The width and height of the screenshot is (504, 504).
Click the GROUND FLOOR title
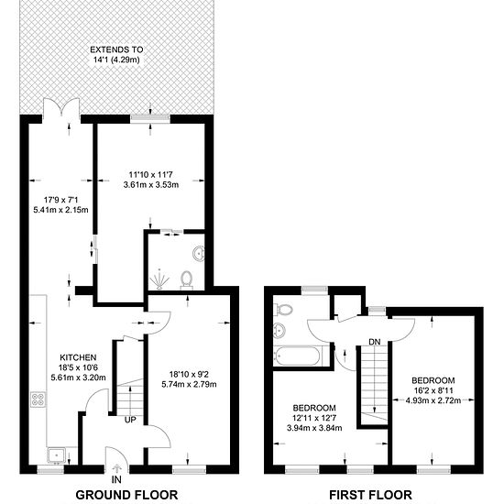pyautogui.click(x=126, y=495)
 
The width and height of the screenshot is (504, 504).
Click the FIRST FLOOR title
pyautogui.click(x=370, y=495)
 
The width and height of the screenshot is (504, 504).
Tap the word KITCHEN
pyautogui.click(x=78, y=357)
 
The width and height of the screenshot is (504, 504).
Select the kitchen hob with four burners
pyautogui.click(x=38, y=400)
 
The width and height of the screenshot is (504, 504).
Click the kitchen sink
pyautogui.click(x=56, y=455)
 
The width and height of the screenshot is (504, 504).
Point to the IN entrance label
pyautogui.click(x=116, y=479)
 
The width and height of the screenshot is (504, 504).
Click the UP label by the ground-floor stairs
pyautogui.click(x=130, y=420)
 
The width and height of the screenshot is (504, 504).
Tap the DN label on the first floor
pyautogui.click(x=375, y=342)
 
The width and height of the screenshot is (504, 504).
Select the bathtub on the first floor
pyautogui.click(x=297, y=356)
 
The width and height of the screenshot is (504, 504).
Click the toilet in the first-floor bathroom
pyautogui.click(x=284, y=310)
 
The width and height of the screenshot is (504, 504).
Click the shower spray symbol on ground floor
pyautogui.click(x=159, y=278)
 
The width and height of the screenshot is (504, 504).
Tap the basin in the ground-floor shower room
pyautogui.click(x=199, y=254)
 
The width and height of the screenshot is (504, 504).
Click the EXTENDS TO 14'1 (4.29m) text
pyautogui.click(x=116, y=55)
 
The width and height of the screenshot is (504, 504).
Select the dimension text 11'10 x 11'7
pyautogui.click(x=151, y=174)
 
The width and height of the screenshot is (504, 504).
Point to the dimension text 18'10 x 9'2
pyautogui.click(x=189, y=374)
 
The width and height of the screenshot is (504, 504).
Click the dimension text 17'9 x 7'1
pyautogui.click(x=60, y=200)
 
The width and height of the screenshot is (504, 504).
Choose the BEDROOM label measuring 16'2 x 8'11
pyautogui.click(x=433, y=380)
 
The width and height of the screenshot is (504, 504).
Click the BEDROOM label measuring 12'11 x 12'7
pyautogui.click(x=314, y=408)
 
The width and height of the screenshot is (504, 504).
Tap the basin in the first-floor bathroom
pyautogui.click(x=279, y=331)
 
